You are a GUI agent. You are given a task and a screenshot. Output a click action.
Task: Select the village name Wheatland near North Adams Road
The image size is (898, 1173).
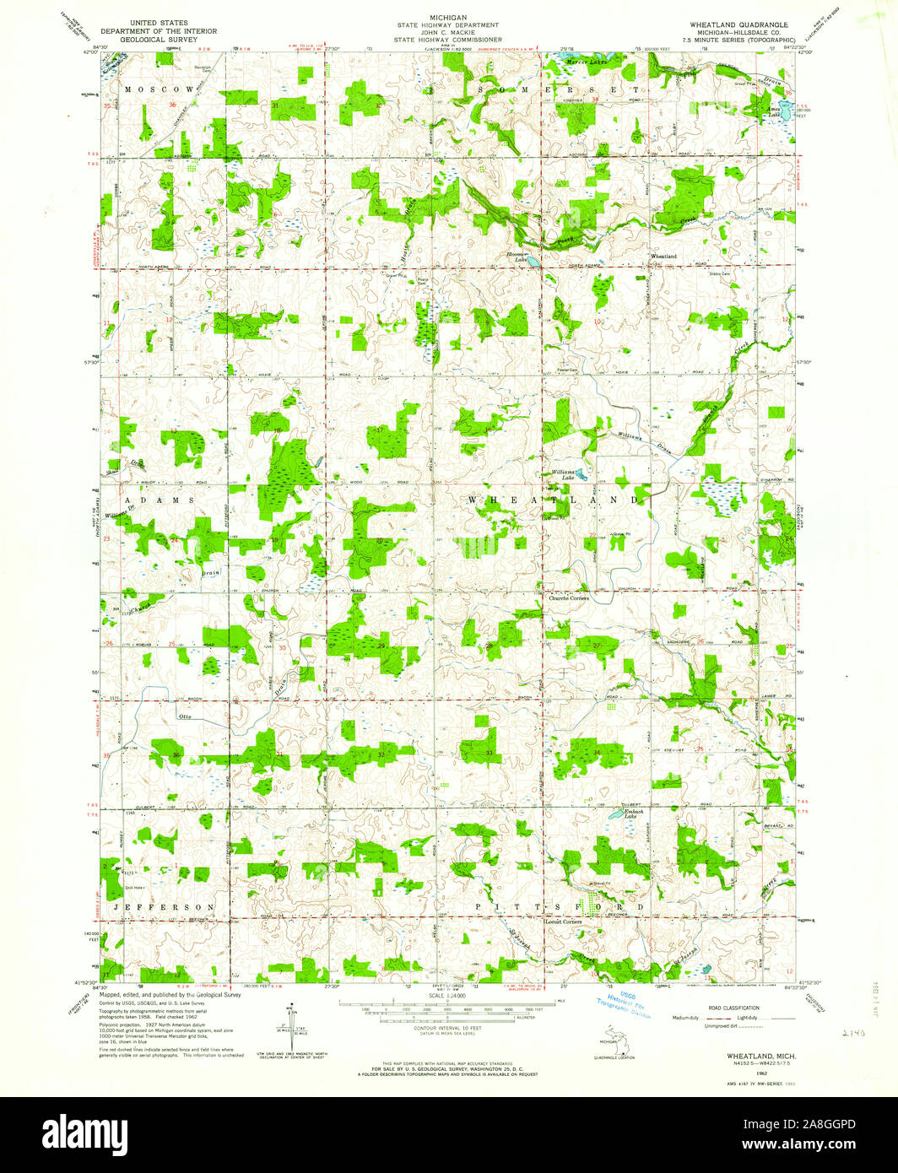point(663,256)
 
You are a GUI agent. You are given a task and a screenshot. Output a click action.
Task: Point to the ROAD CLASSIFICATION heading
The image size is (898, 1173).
point(730,1008)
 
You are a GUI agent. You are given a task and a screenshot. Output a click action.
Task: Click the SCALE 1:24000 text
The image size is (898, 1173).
point(448,996)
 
